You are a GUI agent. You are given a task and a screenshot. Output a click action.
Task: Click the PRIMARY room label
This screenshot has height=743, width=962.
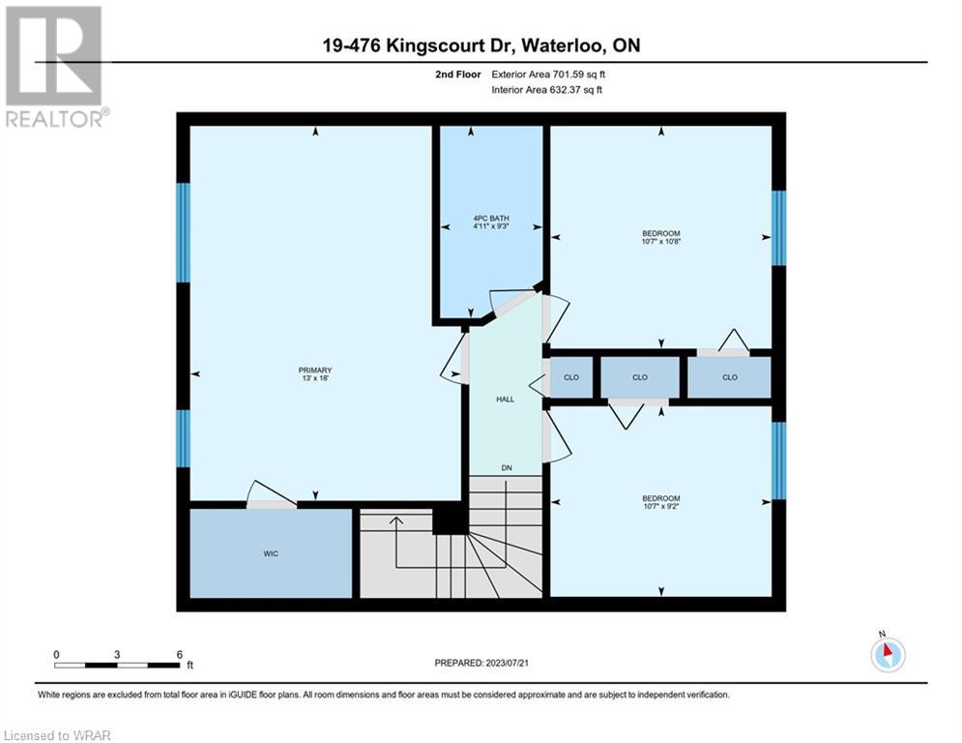click(315, 371)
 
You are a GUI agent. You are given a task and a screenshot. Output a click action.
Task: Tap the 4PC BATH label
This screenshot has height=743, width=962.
click(491, 218)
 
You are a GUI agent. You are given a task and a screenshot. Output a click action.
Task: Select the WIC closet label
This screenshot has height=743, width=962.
click(271, 554)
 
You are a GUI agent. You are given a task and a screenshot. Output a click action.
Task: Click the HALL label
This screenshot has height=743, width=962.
click(505, 400)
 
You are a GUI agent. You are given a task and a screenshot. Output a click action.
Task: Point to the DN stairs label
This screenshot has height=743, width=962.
click(507, 468)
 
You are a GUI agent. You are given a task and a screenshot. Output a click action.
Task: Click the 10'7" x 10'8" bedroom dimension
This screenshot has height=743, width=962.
click(660, 241)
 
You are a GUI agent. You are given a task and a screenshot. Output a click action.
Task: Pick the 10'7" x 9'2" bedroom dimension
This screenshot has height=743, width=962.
click(660, 507)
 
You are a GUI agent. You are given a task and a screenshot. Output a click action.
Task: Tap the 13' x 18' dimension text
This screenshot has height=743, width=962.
click(315, 378)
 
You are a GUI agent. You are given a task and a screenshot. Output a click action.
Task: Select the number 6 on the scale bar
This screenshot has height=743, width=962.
click(180, 655)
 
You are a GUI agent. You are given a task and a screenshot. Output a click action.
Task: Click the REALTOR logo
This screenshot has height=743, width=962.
click(54, 67)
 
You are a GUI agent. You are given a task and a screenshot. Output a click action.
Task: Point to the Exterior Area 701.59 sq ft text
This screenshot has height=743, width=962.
click(548, 74)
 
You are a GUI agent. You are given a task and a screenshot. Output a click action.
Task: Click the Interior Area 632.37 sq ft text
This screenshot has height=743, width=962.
click(546, 90)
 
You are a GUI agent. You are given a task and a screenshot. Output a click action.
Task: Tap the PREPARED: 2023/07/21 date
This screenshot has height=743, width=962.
click(481, 663)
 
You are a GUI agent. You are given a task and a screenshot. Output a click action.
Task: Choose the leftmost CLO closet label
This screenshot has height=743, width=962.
click(571, 377)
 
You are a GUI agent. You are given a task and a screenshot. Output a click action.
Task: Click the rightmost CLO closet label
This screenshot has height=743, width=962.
click(729, 377)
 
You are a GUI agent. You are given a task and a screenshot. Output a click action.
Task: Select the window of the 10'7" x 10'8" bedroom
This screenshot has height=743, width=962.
click(778, 227)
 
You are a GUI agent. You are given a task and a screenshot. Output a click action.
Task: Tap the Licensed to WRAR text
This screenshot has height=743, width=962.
click(57, 735)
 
